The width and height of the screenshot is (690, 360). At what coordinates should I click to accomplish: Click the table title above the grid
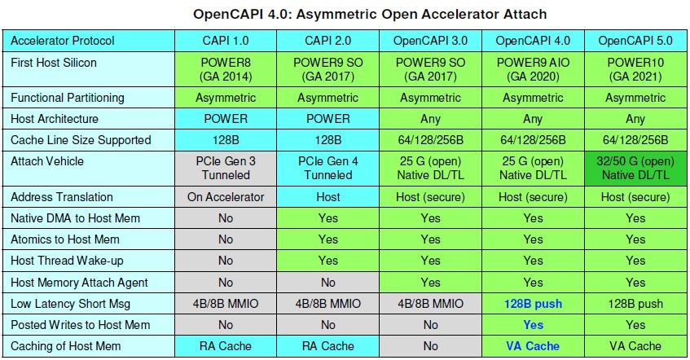click(370, 14)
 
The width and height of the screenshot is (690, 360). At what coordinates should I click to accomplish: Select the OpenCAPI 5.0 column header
click(635, 41)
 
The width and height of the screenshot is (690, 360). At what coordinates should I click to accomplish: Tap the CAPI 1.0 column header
click(226, 41)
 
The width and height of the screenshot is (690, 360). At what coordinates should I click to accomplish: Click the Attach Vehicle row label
click(47, 161)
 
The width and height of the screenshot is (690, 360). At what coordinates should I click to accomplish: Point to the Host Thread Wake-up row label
click(67, 261)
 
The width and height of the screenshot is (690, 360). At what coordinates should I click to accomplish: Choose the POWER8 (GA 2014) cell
click(226, 69)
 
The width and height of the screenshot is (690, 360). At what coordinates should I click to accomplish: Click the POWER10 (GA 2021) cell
click(635, 69)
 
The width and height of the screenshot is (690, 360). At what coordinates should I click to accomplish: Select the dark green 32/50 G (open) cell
click(635, 168)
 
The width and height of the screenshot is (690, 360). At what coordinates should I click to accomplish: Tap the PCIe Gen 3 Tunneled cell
click(226, 168)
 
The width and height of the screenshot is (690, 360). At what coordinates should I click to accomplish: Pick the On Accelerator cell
click(226, 197)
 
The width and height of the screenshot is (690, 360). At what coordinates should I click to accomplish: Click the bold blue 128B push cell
click(533, 304)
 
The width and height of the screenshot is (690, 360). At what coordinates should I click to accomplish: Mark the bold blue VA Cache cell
click(533, 346)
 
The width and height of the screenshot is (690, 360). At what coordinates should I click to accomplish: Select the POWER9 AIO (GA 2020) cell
click(533, 69)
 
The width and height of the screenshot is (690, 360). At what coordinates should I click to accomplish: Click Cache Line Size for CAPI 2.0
click(327, 140)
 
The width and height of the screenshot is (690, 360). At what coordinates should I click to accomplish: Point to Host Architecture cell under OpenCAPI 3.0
click(430, 119)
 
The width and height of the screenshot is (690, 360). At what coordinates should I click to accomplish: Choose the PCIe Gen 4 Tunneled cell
click(327, 168)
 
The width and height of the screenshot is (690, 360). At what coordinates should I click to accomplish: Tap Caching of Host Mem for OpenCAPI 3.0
click(430, 346)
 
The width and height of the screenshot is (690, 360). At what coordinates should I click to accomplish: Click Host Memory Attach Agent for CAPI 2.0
click(327, 282)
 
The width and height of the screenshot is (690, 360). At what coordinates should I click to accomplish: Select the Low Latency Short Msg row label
click(70, 304)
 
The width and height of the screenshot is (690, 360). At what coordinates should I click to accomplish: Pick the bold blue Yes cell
click(533, 325)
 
